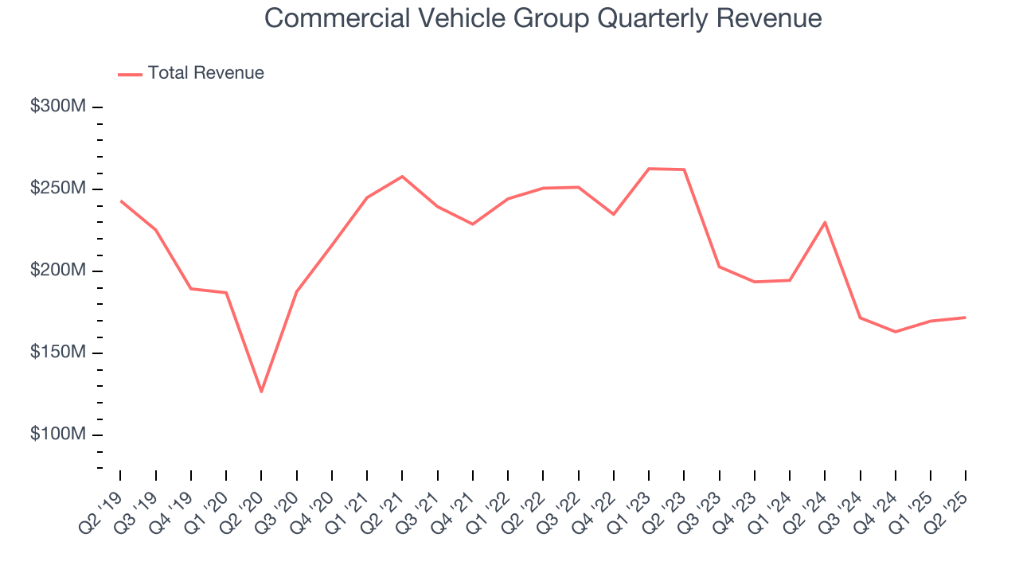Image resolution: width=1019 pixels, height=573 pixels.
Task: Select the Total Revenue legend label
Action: [x=205, y=73]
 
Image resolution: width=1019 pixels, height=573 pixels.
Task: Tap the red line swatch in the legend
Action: [x=130, y=74]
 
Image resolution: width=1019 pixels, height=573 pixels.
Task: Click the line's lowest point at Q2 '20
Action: [x=261, y=392]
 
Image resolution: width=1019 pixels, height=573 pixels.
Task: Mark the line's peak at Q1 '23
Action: [x=649, y=169]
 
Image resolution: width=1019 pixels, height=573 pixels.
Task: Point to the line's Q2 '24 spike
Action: [x=825, y=222]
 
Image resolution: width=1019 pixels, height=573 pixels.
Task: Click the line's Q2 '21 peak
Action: [x=402, y=176]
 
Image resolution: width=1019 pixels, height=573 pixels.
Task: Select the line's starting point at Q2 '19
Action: [x=120, y=201]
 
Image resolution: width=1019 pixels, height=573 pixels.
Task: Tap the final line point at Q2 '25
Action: [x=966, y=318]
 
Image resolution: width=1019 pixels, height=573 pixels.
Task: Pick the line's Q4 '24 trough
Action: [x=896, y=332]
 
